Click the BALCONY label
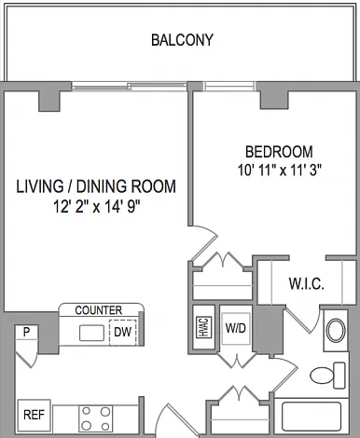[x=182, y=40]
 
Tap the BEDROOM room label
[x=279, y=152]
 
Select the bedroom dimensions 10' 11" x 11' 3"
[x=280, y=171]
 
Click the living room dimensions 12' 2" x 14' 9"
[x=97, y=206]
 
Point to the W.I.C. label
[x=307, y=283]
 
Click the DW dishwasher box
[x=123, y=332]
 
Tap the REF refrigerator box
[x=35, y=415]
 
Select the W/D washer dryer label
[x=236, y=328]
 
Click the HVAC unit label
[x=204, y=327]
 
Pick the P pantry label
[x=27, y=332]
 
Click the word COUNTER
[x=99, y=310]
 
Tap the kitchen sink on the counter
[x=91, y=333]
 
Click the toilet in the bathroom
[x=327, y=376]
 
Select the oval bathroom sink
[x=336, y=330]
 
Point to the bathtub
[x=312, y=417]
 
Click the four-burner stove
[x=96, y=418]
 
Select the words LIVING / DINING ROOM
[x=96, y=186]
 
